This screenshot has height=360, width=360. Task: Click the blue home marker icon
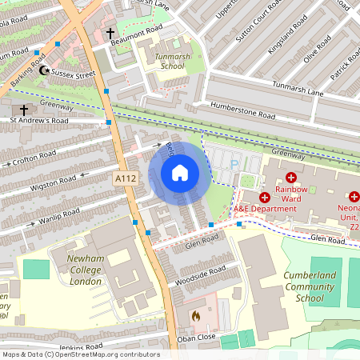pyautogui.click(x=180, y=173)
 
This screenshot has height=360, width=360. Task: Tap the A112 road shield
pyautogui.click(x=125, y=178)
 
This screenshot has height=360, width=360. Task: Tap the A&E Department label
pyautogui.click(x=265, y=209)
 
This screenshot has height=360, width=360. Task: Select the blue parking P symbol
pyautogui.click(x=234, y=163)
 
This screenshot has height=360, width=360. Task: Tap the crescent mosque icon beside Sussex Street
pyautogui.click(x=44, y=71)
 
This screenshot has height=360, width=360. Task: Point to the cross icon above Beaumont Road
pyautogui.click(x=110, y=34)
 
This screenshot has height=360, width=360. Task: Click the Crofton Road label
pyautogui.click(x=34, y=158)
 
